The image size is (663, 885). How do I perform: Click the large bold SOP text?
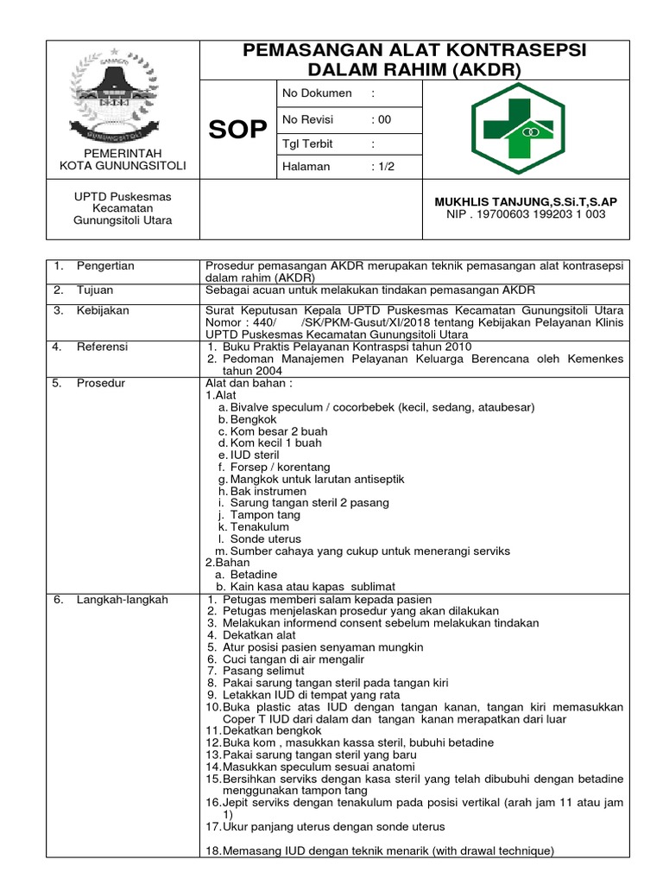point(238,130)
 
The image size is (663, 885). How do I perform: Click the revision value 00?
point(381,119)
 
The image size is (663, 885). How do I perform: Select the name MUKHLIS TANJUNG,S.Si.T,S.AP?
point(525,201)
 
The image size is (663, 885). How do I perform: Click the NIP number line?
point(525,214)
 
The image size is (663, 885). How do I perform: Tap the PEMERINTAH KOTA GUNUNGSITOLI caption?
point(122,159)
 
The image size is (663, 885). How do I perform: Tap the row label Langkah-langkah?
point(110,599)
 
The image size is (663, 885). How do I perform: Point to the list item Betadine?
point(254,574)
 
